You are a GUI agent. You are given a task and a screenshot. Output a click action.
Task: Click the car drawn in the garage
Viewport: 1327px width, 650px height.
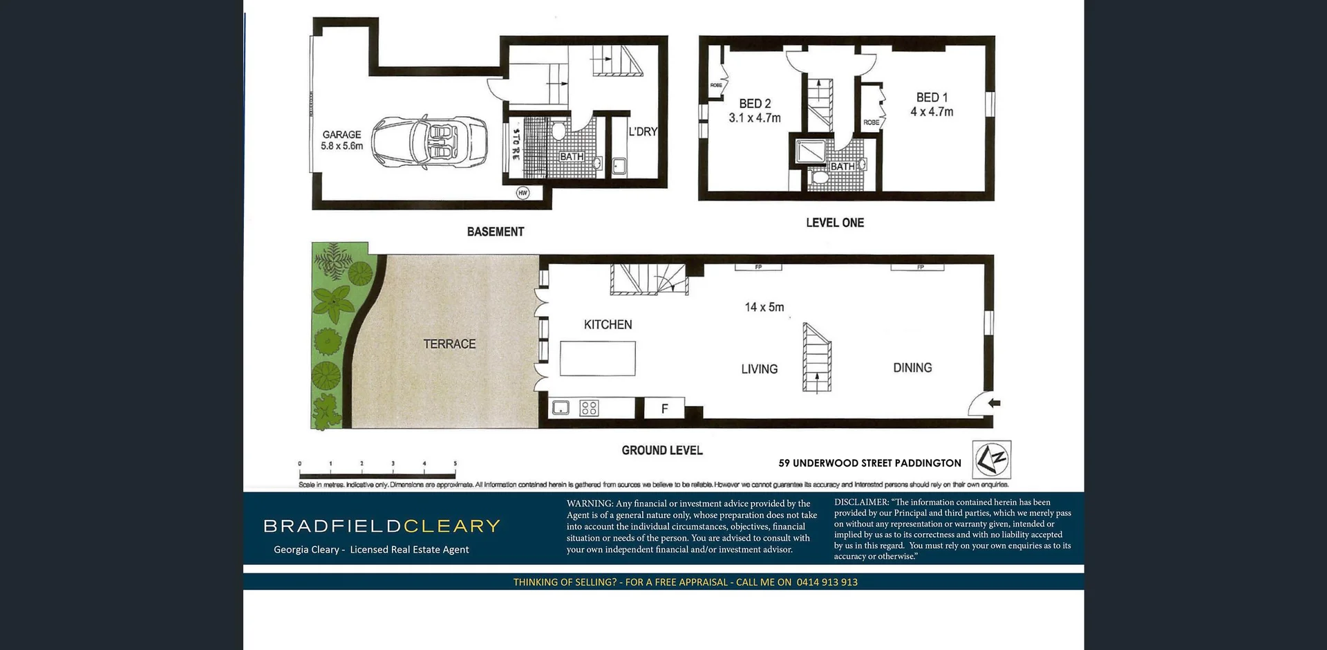(x=429, y=142)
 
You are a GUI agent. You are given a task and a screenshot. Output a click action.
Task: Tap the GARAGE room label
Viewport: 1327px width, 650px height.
(x=341, y=135)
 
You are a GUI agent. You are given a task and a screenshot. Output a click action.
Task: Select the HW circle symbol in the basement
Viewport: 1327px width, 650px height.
(x=523, y=193)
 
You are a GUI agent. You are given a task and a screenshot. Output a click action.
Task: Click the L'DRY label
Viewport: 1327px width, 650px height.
(x=643, y=131)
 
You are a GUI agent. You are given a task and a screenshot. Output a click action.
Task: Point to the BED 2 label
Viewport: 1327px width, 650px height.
(x=755, y=104)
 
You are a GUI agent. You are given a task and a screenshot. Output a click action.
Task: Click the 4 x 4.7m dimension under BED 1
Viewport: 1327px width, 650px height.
(x=932, y=112)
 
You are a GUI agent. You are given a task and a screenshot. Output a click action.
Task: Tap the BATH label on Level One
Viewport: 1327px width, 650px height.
(x=842, y=167)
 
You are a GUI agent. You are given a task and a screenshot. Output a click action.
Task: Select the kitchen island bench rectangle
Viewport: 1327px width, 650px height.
(x=597, y=358)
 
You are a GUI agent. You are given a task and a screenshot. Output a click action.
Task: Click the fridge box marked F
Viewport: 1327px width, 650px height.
(x=664, y=409)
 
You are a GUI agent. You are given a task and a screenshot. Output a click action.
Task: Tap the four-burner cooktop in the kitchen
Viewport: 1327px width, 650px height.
(x=589, y=408)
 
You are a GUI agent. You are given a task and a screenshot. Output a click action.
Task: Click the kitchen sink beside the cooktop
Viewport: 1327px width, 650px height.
(x=561, y=408)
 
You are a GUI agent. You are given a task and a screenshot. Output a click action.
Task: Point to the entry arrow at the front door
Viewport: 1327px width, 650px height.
(x=994, y=403)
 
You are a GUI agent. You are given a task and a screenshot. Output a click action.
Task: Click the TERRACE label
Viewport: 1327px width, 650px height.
(x=449, y=344)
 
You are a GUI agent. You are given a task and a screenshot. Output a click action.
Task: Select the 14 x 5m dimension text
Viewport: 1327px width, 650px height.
(x=764, y=307)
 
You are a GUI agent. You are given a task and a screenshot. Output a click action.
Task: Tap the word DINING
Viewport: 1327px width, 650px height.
(x=912, y=368)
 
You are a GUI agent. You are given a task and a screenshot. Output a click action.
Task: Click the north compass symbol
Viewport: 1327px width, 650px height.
(x=992, y=459)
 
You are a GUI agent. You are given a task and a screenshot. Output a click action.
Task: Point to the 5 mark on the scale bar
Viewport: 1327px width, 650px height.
(x=455, y=464)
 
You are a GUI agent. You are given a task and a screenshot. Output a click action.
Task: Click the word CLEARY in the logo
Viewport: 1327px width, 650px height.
(x=452, y=526)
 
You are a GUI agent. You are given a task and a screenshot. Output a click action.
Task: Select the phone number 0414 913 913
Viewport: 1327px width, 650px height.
(x=827, y=582)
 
